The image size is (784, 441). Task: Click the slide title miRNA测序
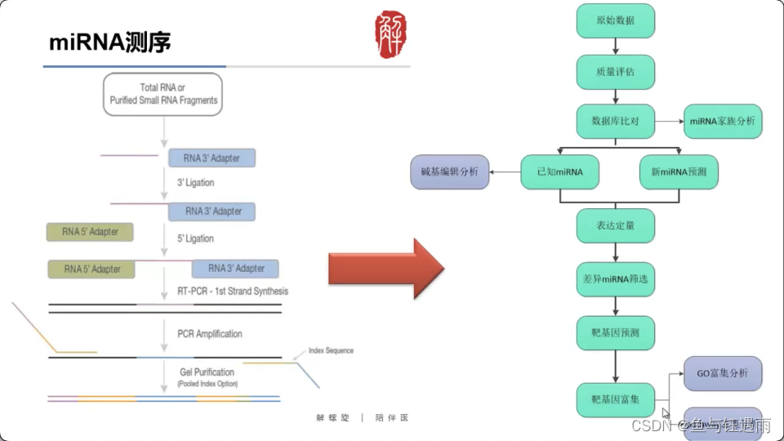point(110,42)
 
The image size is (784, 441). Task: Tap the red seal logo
point(390,33)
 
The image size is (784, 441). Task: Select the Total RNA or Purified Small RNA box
point(163,94)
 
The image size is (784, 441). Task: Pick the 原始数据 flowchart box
point(615,20)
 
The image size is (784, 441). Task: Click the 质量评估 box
point(615,72)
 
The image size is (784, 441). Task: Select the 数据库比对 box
point(615,121)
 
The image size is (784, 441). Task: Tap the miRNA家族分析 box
point(722,121)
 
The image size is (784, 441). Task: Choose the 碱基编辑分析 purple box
point(449,171)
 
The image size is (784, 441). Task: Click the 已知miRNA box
point(559,171)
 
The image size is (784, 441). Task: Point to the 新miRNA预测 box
point(679,171)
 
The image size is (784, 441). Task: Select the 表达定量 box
point(615,225)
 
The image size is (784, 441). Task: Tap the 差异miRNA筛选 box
point(615,279)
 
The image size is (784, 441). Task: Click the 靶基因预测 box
point(615,333)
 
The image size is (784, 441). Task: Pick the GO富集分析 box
point(722,374)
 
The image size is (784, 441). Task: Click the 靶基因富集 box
point(615,400)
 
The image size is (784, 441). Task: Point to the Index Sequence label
point(331,351)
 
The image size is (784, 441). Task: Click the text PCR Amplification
point(210,334)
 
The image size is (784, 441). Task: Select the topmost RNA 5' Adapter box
point(90,232)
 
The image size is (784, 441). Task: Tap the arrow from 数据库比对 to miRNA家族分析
point(668,121)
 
